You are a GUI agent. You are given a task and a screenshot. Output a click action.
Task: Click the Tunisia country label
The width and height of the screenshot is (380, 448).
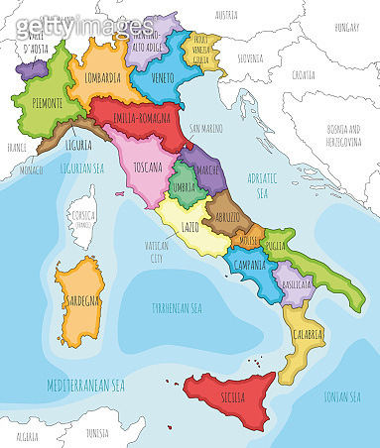[x=96, y=433]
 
